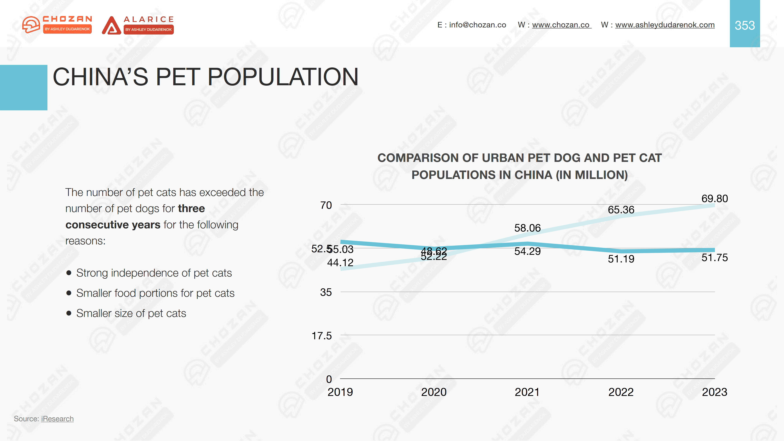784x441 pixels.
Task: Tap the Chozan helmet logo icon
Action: click(31, 24)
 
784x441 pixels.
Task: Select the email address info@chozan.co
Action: click(477, 25)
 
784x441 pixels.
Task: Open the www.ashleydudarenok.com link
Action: click(665, 25)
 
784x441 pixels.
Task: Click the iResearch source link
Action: click(57, 419)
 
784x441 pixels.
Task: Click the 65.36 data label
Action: click(621, 210)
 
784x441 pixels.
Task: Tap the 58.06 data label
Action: click(527, 228)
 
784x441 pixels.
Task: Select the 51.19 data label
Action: click(621, 259)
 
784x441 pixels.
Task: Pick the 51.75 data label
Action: click(714, 258)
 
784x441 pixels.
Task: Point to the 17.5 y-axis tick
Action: click(321, 336)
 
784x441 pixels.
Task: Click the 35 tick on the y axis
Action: click(326, 292)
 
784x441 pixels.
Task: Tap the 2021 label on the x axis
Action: click(527, 392)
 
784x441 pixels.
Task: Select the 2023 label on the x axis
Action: click(714, 392)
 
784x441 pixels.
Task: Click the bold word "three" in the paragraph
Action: click(191, 209)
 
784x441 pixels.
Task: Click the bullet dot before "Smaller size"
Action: click(69, 313)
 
